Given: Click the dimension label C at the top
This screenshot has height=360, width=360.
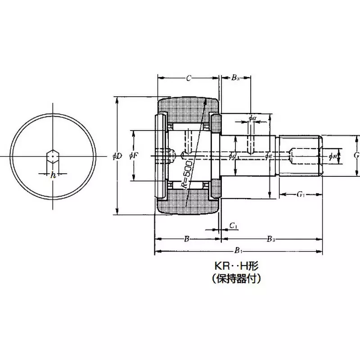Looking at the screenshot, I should pyautogui.click(x=189, y=78).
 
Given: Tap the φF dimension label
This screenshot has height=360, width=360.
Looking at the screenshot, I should pyautogui.click(x=134, y=156).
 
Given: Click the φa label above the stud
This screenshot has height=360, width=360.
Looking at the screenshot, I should pyautogui.click(x=252, y=118).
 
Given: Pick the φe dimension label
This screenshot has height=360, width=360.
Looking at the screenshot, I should pyautogui.click(x=269, y=156).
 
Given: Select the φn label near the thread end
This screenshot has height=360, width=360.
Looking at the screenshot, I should pyautogui.click(x=333, y=156).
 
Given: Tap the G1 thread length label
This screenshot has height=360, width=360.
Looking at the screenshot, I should pyautogui.click(x=301, y=194).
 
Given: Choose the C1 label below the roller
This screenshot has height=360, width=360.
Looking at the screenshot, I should pyautogui.click(x=233, y=225).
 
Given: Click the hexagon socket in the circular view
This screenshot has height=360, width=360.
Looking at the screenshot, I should pyautogui.click(x=53, y=156).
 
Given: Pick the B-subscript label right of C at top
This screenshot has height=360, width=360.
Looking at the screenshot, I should pyautogui.click(x=235, y=78).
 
